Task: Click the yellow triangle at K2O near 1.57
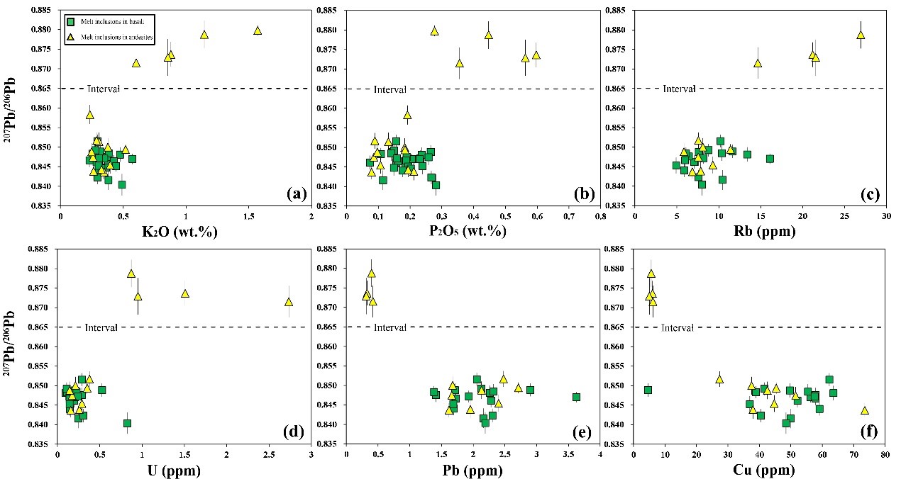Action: coord(258,30)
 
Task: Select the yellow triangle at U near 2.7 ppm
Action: coord(289,302)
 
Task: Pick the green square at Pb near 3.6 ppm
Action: coord(577,398)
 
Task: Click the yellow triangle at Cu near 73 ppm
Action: coord(865,410)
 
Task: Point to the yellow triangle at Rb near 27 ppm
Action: coord(861,35)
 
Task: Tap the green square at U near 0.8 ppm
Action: coord(127,423)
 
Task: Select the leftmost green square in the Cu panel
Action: coord(648,390)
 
